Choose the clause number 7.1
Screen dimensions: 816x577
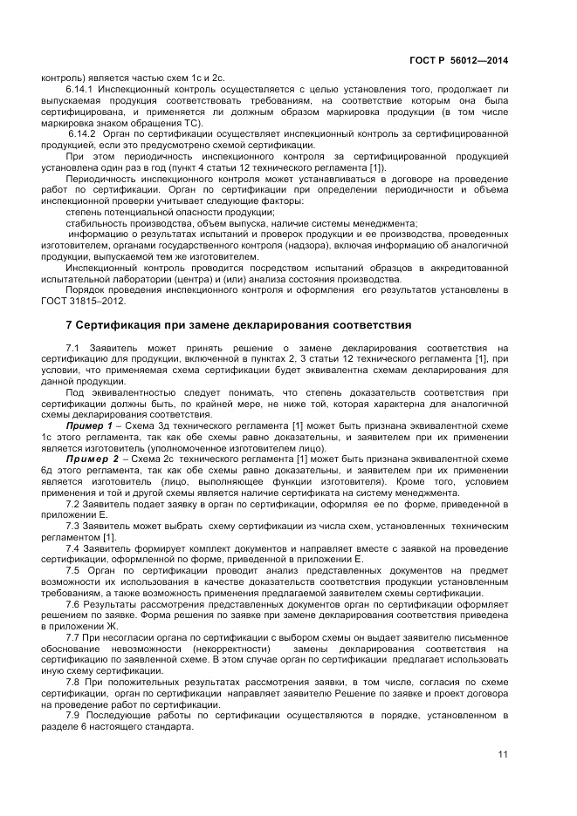pyautogui.click(x=73, y=349)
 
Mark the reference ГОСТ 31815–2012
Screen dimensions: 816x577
pyautogui.click(x=84, y=302)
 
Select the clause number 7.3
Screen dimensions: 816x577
pyautogui.click(x=73, y=526)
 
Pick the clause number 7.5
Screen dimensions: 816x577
pyautogui.click(x=73, y=569)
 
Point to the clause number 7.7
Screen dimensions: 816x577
pyautogui.click(x=73, y=638)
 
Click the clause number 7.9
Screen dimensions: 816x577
pyautogui.click(x=73, y=716)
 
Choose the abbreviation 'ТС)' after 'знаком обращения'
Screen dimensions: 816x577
pyautogui.click(x=191, y=122)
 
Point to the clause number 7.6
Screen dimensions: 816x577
pyautogui.click(x=73, y=603)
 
